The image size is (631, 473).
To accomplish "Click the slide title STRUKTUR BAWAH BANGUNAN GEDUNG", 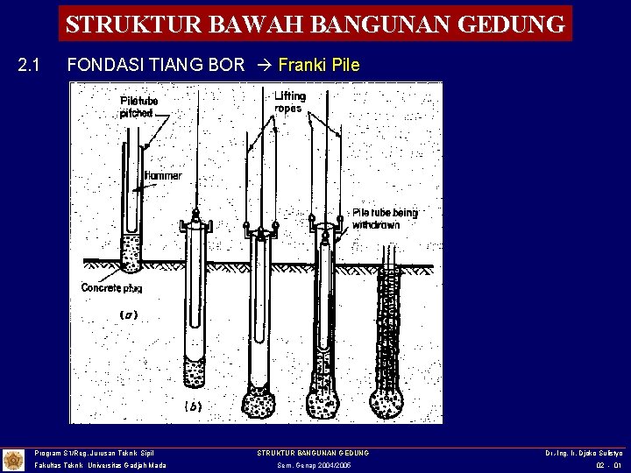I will point(315,24).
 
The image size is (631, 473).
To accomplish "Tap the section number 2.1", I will point(30,66).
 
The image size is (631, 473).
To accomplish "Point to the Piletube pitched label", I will point(137,108).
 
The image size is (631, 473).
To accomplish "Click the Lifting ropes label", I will point(289,102).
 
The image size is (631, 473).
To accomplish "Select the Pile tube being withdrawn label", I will point(385,218).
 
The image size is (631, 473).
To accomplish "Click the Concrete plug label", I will point(112,287).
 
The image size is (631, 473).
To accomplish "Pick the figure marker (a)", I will point(130,314).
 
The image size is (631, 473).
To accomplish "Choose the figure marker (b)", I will point(194,406).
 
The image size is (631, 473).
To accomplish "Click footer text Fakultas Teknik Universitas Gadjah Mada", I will point(100,466).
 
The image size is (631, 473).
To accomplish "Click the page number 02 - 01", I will point(607,466).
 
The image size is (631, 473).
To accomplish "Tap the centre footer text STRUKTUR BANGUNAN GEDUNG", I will point(313,452).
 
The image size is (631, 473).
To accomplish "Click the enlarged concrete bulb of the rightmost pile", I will point(386,401).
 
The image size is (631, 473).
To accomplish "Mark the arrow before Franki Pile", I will point(264,66).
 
